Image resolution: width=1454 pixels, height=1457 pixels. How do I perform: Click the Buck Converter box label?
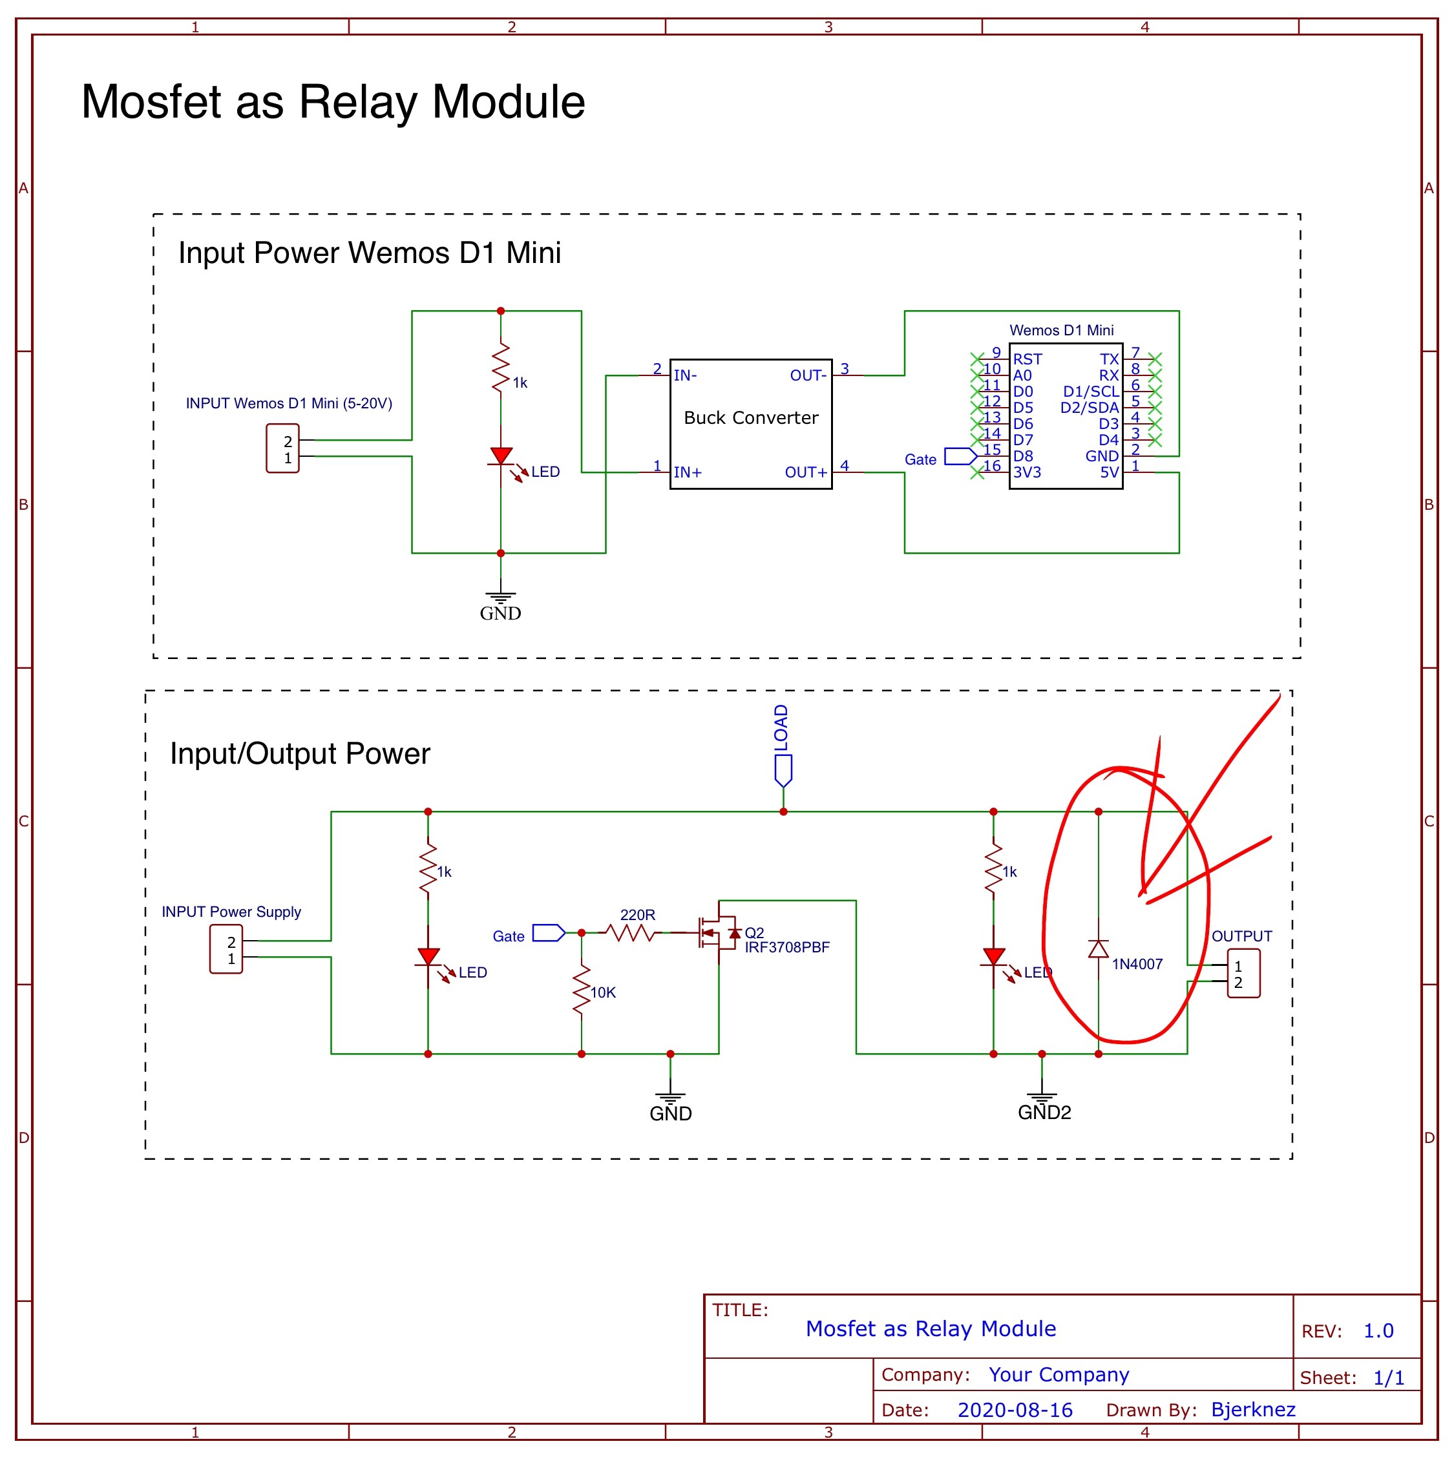(750, 418)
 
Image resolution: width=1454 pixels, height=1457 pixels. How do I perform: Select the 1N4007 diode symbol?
(1098, 949)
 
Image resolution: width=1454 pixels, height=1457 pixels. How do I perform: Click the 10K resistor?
(582, 991)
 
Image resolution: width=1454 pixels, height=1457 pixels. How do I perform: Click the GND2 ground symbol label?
(1044, 1113)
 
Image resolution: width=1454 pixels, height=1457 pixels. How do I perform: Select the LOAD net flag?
(783, 770)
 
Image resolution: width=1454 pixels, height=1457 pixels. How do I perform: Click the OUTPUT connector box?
(1243, 974)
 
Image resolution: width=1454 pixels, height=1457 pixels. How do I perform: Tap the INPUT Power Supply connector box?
(226, 949)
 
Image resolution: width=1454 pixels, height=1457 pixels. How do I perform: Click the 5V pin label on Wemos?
(1109, 473)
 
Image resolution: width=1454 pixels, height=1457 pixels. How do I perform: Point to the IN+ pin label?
(687, 473)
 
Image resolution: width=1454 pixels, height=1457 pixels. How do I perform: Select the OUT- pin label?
(808, 375)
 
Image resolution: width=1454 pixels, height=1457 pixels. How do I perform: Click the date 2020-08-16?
(1015, 1410)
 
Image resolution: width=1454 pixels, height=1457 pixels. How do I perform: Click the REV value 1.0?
(1378, 1331)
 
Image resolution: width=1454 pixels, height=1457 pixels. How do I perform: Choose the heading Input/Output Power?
(299, 753)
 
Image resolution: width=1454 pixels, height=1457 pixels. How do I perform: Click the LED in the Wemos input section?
(501, 456)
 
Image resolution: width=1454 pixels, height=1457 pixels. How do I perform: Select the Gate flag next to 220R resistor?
(548, 934)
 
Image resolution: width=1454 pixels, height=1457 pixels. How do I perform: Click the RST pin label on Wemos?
(1027, 360)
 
